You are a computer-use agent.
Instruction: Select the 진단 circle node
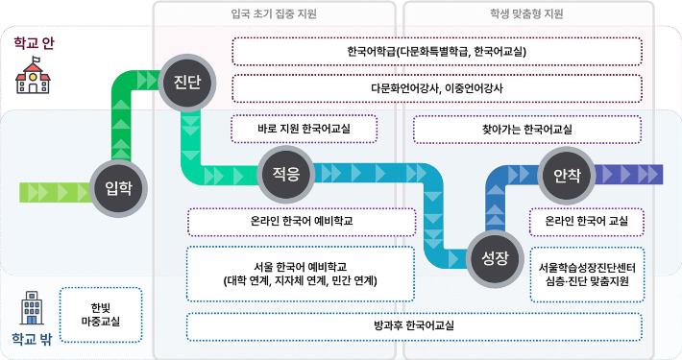[186, 82]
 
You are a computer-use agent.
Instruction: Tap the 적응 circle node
[286, 174]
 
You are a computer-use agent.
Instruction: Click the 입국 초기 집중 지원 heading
[275, 14]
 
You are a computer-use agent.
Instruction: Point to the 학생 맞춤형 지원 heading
[528, 14]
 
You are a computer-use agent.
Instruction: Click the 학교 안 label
[35, 43]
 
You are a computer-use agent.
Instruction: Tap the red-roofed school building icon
[32, 77]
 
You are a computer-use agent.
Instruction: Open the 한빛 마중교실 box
[100, 314]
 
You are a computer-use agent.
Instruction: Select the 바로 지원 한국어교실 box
[304, 129]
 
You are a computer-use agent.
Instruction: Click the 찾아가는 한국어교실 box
[526, 129]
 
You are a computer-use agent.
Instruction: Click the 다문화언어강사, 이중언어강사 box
[437, 87]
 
